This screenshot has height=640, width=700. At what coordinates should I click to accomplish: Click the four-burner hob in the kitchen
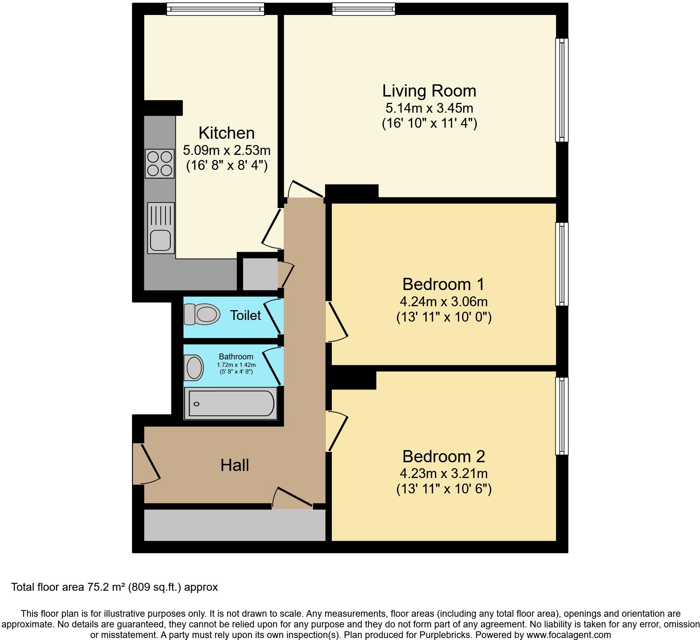(x=160, y=164)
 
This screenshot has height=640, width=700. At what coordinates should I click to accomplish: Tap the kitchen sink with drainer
(x=161, y=228)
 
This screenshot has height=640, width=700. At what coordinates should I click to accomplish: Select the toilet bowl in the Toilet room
(x=202, y=314)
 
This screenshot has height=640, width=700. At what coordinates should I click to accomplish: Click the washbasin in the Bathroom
(x=194, y=367)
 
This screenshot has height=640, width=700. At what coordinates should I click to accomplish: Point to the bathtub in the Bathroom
(x=231, y=404)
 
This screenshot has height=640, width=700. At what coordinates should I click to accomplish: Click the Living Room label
(x=429, y=91)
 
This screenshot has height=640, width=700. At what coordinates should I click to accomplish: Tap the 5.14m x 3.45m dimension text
(x=429, y=108)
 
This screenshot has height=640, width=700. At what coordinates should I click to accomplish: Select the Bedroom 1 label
(x=443, y=284)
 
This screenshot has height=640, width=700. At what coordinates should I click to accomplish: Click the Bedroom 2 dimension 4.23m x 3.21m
(x=443, y=473)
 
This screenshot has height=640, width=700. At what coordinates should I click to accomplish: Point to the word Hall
(x=235, y=465)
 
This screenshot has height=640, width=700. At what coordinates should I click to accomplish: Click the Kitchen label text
(x=227, y=133)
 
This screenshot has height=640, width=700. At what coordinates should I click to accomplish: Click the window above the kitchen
(x=215, y=9)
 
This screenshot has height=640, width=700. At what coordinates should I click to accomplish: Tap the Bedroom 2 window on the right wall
(x=562, y=416)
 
